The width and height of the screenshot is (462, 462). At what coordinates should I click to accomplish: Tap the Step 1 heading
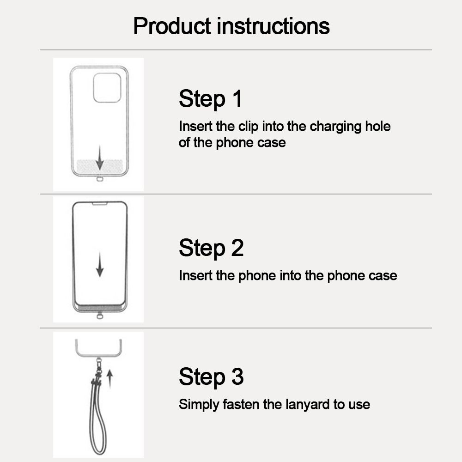[x=210, y=99]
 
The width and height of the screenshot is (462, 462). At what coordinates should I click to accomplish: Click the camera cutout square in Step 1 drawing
[x=107, y=88]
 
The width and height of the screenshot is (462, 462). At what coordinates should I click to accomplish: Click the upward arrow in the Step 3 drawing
[x=109, y=379]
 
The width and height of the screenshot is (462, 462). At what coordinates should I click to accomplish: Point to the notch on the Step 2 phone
[x=100, y=203]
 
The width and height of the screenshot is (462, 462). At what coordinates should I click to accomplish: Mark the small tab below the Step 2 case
[x=99, y=316]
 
